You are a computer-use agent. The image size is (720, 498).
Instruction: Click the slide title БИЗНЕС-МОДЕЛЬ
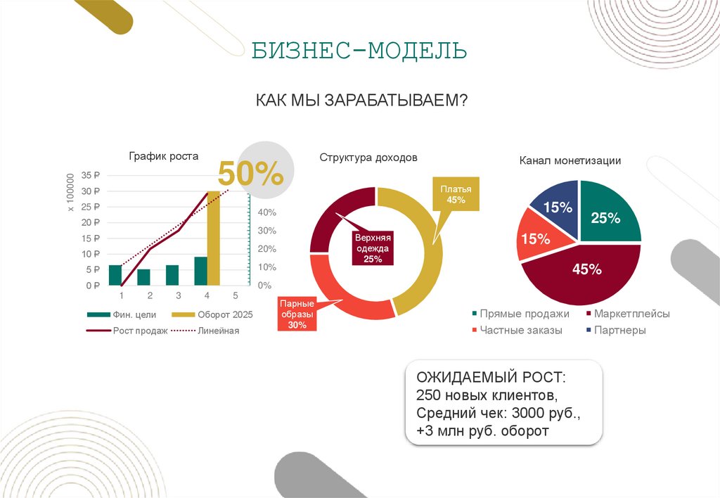pos(359,51)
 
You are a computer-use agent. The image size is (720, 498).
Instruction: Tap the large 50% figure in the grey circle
pos(250,174)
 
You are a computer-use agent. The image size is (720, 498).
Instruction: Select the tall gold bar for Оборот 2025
pos(213,238)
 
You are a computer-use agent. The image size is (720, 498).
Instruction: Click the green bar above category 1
pos(115,275)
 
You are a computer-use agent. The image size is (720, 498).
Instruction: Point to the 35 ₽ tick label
pos(91,175)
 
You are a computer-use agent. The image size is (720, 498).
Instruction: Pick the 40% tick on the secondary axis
pos(266,212)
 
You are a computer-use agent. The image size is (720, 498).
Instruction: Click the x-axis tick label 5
pos(235,295)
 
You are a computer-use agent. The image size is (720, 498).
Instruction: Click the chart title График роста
pos(163,156)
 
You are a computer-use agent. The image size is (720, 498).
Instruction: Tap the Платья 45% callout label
pos(456,195)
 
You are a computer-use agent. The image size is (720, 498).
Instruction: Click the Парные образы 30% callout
pos(297,314)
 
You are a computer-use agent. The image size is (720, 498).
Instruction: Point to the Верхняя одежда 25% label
pos(373,248)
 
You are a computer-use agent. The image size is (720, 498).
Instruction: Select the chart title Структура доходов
pos(368,158)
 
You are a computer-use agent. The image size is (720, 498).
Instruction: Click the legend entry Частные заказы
pos(520,330)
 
